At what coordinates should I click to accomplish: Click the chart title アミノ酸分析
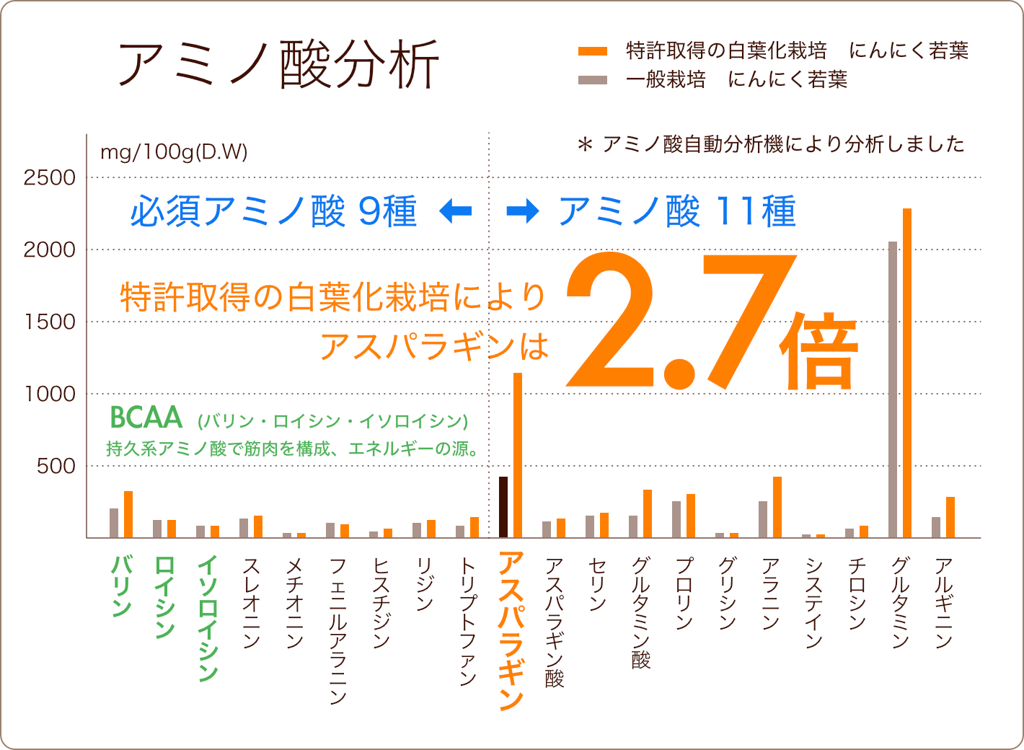pos(278,65)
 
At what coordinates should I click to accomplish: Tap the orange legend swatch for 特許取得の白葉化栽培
pos(593,51)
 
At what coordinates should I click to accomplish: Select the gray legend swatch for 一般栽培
pos(593,79)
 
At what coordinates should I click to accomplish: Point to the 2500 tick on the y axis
pos(49,177)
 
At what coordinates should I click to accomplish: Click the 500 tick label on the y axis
pos(56,466)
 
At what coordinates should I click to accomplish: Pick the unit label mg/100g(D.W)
pos(174,152)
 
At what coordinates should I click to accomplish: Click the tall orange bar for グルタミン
pos(907,373)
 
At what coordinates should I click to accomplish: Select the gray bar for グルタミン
pos(893,389)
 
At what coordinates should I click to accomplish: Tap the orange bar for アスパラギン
pos(518,455)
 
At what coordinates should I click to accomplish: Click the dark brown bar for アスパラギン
pos(503,507)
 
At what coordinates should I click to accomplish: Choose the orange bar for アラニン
pos(777,507)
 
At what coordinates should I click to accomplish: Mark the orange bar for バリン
pos(128,514)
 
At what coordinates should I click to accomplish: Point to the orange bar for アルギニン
pos(950,517)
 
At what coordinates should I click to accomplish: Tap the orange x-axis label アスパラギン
pos(511,631)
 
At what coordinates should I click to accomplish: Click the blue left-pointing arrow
pos(456,211)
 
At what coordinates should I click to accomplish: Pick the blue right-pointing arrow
pos(523,211)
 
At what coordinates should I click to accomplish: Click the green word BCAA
pos(146,418)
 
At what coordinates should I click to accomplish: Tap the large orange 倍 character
pos(819,351)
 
